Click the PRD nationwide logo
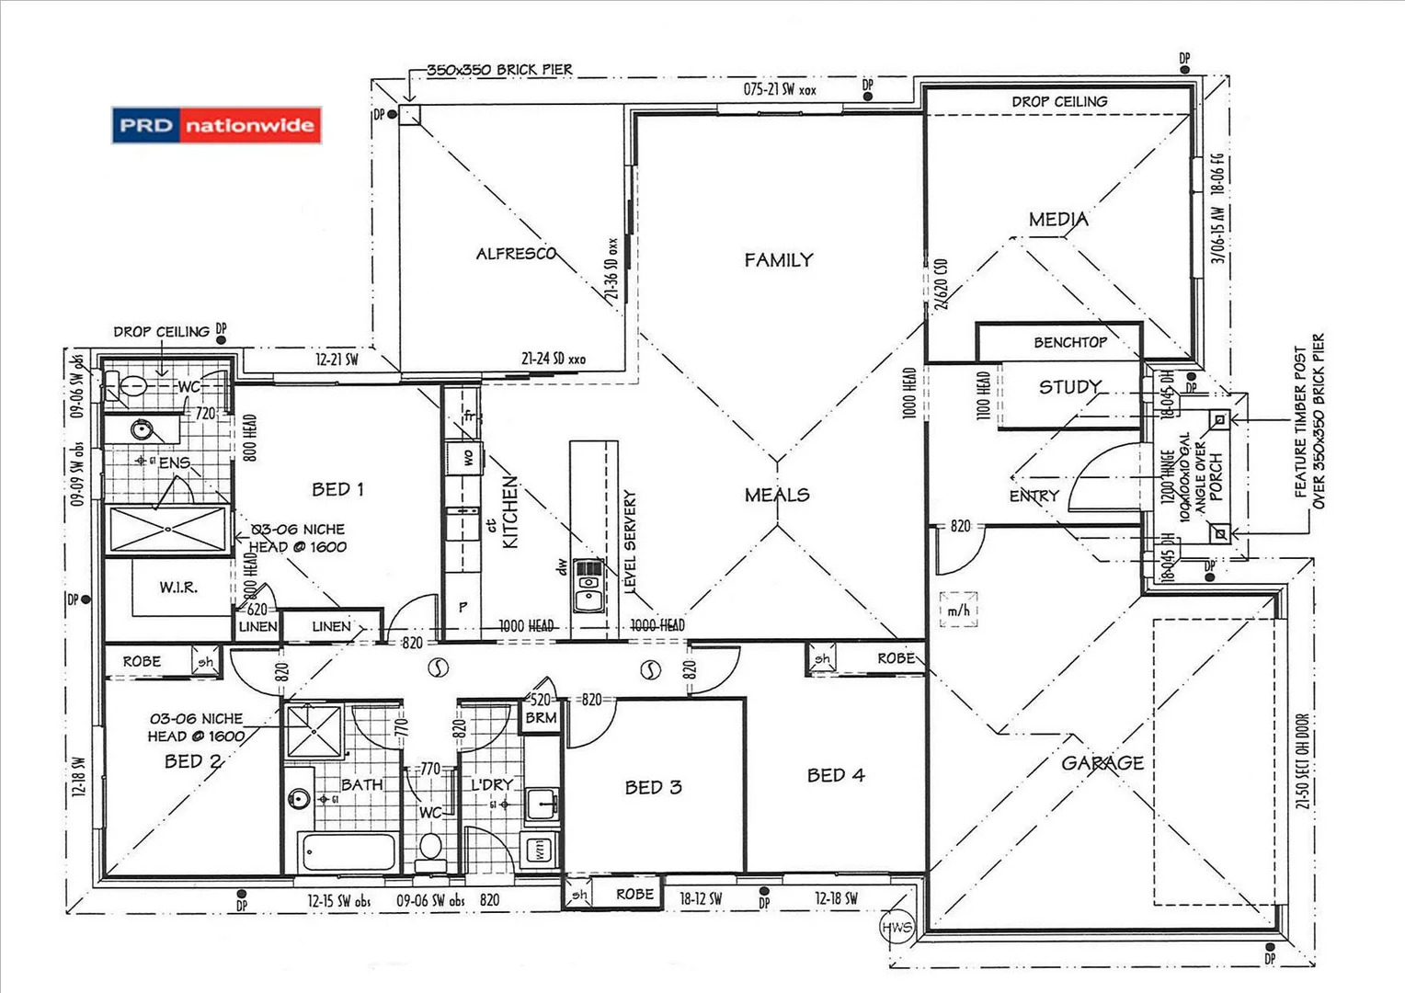click(x=216, y=125)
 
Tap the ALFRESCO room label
click(x=516, y=254)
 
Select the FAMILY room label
click(x=779, y=260)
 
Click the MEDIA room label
click(x=1058, y=220)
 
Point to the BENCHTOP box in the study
click(x=1069, y=342)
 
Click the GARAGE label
click(x=1102, y=763)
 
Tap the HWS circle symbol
click(x=897, y=927)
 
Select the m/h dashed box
click(x=958, y=610)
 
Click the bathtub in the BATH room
click(x=348, y=852)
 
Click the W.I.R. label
click(x=178, y=587)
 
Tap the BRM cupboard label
click(x=541, y=717)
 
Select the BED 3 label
click(x=653, y=788)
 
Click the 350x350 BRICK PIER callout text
click(x=499, y=70)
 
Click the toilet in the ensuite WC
click(x=126, y=388)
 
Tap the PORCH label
click(x=1216, y=475)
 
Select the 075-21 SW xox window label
click(x=779, y=89)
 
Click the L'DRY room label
click(x=491, y=785)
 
